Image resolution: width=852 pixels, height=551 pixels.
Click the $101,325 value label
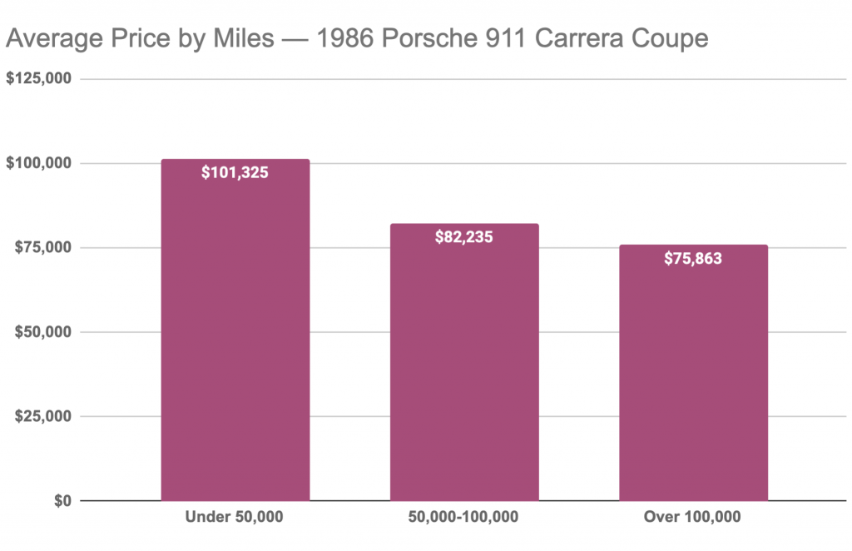coord(235,174)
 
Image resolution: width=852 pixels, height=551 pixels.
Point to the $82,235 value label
coord(464,237)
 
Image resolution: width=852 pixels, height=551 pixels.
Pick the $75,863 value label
coord(693,259)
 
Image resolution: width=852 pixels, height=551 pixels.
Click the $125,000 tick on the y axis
coord(39,79)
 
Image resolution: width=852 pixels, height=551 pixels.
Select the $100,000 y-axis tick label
coord(39,163)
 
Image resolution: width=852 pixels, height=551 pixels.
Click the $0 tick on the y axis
coord(62,501)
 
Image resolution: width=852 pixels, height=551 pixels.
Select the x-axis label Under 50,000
coord(235,518)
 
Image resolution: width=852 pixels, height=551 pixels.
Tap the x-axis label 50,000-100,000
coord(464,518)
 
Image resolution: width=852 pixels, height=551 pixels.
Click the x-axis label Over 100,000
coord(693,518)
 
